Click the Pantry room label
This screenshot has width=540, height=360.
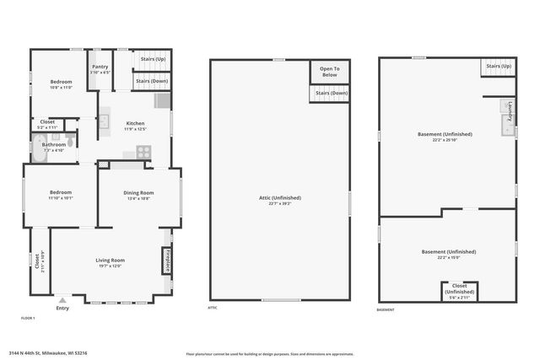click(100, 68)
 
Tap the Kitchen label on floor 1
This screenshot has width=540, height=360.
click(135, 126)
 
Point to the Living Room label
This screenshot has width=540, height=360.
click(110, 262)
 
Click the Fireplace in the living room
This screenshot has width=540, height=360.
click(167, 261)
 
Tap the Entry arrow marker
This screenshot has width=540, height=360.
click(62, 299)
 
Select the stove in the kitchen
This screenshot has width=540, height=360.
click(143, 152)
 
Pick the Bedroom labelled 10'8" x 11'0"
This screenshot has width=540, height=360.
click(61, 84)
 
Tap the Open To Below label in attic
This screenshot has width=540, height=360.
click(329, 72)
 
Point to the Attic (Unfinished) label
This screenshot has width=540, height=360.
click(279, 200)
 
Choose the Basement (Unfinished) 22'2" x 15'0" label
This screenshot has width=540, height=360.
click(448, 255)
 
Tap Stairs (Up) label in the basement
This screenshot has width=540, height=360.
click(498, 67)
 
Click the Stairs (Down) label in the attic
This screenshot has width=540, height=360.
click(329, 94)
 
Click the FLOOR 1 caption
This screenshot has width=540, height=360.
click(28, 317)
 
